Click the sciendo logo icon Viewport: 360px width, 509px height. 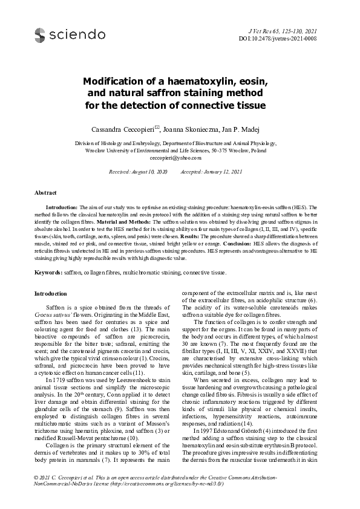tap(40, 36)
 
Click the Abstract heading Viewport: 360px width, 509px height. tap(45, 192)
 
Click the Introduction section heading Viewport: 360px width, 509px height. tap(51, 294)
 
